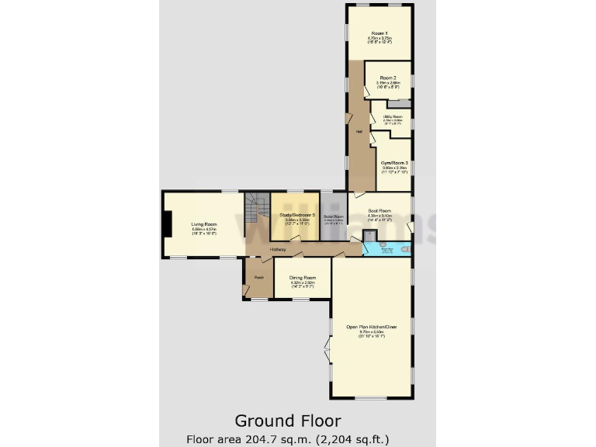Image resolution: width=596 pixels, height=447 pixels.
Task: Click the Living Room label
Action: (x=204, y=224)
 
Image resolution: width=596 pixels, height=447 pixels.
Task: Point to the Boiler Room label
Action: (x=333, y=217)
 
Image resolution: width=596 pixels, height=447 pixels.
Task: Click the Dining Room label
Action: (x=303, y=277)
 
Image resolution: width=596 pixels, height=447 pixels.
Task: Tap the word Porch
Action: (x=258, y=277)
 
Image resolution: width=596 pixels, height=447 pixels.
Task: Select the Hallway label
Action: (x=278, y=250)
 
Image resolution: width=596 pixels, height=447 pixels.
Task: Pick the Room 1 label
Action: (x=379, y=33)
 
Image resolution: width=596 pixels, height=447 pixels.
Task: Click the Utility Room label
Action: (x=393, y=117)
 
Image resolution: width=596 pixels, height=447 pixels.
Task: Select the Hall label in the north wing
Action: (x=359, y=131)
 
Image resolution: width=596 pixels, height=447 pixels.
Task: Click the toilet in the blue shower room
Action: (x=404, y=251)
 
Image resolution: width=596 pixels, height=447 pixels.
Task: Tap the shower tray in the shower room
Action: (x=369, y=236)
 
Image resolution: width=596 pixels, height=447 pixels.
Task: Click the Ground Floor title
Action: (x=288, y=421)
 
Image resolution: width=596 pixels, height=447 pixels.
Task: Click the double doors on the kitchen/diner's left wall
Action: (x=328, y=353)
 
